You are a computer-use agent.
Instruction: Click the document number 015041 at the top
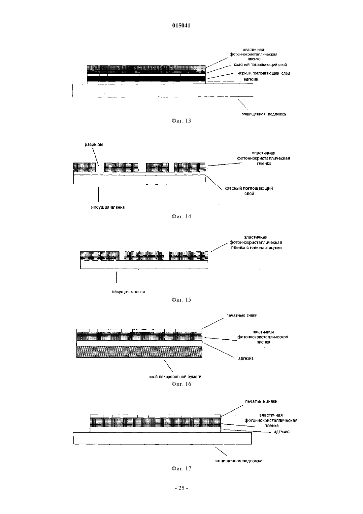coord(181,25)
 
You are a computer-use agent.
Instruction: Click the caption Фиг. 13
coord(181,121)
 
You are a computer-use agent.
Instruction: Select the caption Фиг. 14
coord(181,216)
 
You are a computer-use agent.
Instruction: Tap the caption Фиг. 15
coord(181,300)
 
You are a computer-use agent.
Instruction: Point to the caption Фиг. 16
coord(181,384)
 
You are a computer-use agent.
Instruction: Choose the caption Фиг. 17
coord(181,468)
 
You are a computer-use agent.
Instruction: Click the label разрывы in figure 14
coord(94,145)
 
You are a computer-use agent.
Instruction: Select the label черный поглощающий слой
coord(264,73)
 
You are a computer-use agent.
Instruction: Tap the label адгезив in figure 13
coord(251,79)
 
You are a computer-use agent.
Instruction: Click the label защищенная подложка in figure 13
coord(264,114)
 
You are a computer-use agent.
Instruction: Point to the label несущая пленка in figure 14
coord(108,207)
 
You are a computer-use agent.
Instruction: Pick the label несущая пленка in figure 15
coord(128,292)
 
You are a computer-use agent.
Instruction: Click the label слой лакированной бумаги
coord(175,377)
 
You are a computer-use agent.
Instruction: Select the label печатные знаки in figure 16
coord(242,315)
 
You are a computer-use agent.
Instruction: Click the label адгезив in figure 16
coord(246,358)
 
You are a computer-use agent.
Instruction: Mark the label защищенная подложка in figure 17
coord(238,461)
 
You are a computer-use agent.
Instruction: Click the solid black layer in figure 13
coord(146,79)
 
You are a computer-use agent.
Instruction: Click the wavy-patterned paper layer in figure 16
coord(139,352)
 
